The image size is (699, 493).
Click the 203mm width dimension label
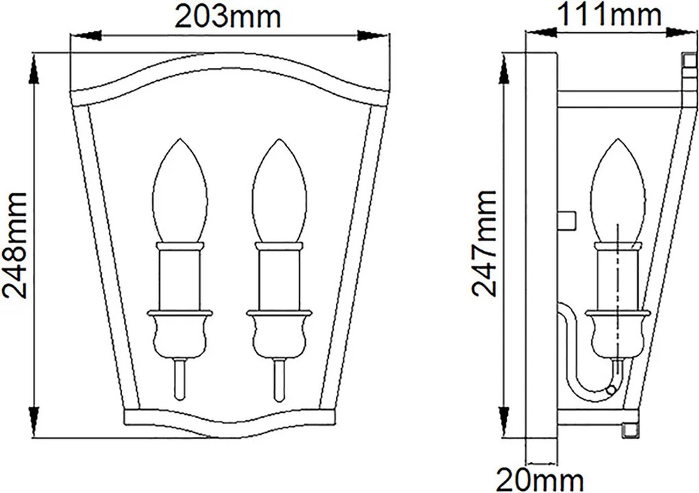(x=228, y=17)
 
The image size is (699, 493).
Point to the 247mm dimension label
(x=484, y=243)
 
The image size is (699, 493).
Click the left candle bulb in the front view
(x=180, y=191)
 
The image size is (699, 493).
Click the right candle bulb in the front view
(x=279, y=191)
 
